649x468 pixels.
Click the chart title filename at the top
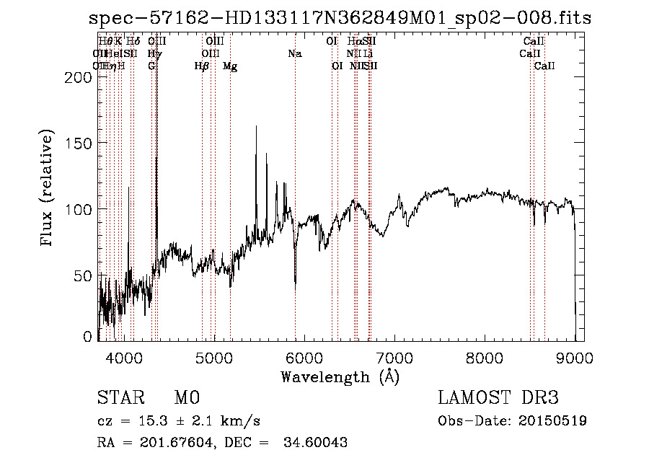[340, 18]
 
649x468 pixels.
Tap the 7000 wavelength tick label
[394, 357]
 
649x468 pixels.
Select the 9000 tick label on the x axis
[575, 357]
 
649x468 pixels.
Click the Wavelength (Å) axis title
[340, 376]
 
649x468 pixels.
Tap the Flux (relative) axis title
[48, 188]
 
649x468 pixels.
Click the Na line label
[294, 53]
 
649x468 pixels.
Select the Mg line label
[230, 66]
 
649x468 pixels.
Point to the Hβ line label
[202, 66]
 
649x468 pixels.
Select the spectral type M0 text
[187, 397]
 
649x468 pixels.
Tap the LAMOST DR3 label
[498, 397]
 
